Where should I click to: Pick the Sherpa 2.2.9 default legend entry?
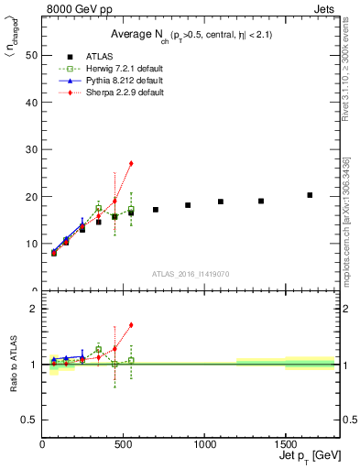point(115,93)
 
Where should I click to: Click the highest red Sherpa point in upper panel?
point(131,163)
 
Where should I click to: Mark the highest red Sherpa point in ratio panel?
point(131,324)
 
